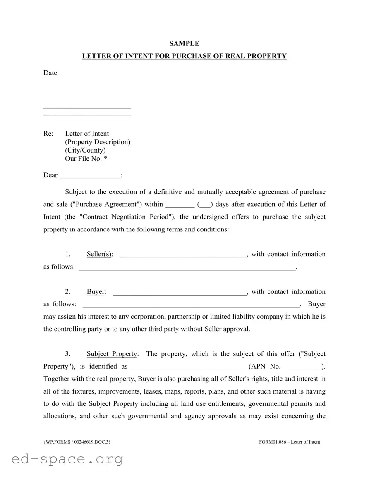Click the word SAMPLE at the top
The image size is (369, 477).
(x=184, y=43)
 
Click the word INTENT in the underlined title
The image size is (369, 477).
(x=137, y=56)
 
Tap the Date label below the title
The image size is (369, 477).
(x=50, y=73)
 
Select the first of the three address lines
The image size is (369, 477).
(x=87, y=107)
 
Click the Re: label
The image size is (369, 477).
(x=48, y=134)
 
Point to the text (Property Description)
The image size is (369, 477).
(x=98, y=142)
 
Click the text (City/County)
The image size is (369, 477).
(x=85, y=150)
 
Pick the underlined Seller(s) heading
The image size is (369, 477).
(x=100, y=254)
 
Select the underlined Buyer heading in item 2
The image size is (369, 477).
(x=96, y=292)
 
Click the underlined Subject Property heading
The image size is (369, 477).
(x=112, y=354)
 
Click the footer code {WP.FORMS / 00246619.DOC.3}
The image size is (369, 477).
(x=77, y=442)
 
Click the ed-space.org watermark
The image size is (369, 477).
(x=67, y=459)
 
